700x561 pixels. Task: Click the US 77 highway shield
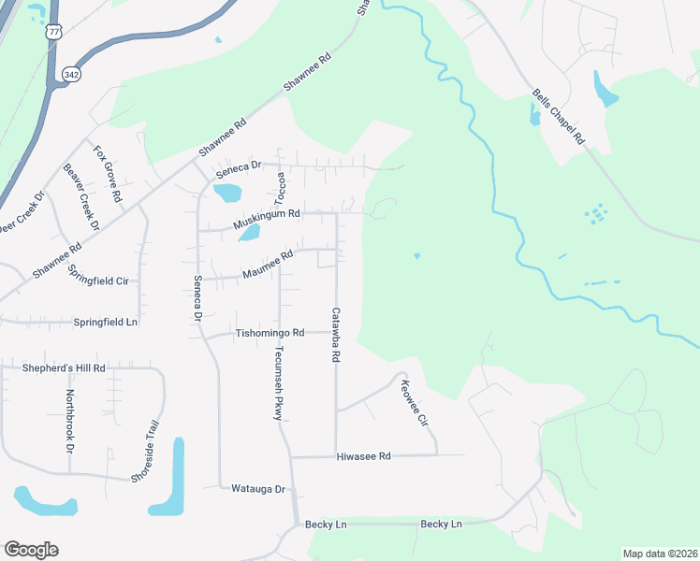54,31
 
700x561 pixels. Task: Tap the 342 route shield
70,72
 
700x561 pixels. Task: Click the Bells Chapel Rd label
558,117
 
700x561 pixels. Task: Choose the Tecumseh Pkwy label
278,383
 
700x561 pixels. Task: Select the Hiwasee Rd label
363,456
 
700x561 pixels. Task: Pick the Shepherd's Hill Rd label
64,368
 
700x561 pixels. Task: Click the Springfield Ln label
105,322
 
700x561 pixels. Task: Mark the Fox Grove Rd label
107,173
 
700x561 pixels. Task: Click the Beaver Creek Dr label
80,197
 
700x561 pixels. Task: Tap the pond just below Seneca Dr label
226,193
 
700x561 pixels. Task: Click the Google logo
31,550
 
